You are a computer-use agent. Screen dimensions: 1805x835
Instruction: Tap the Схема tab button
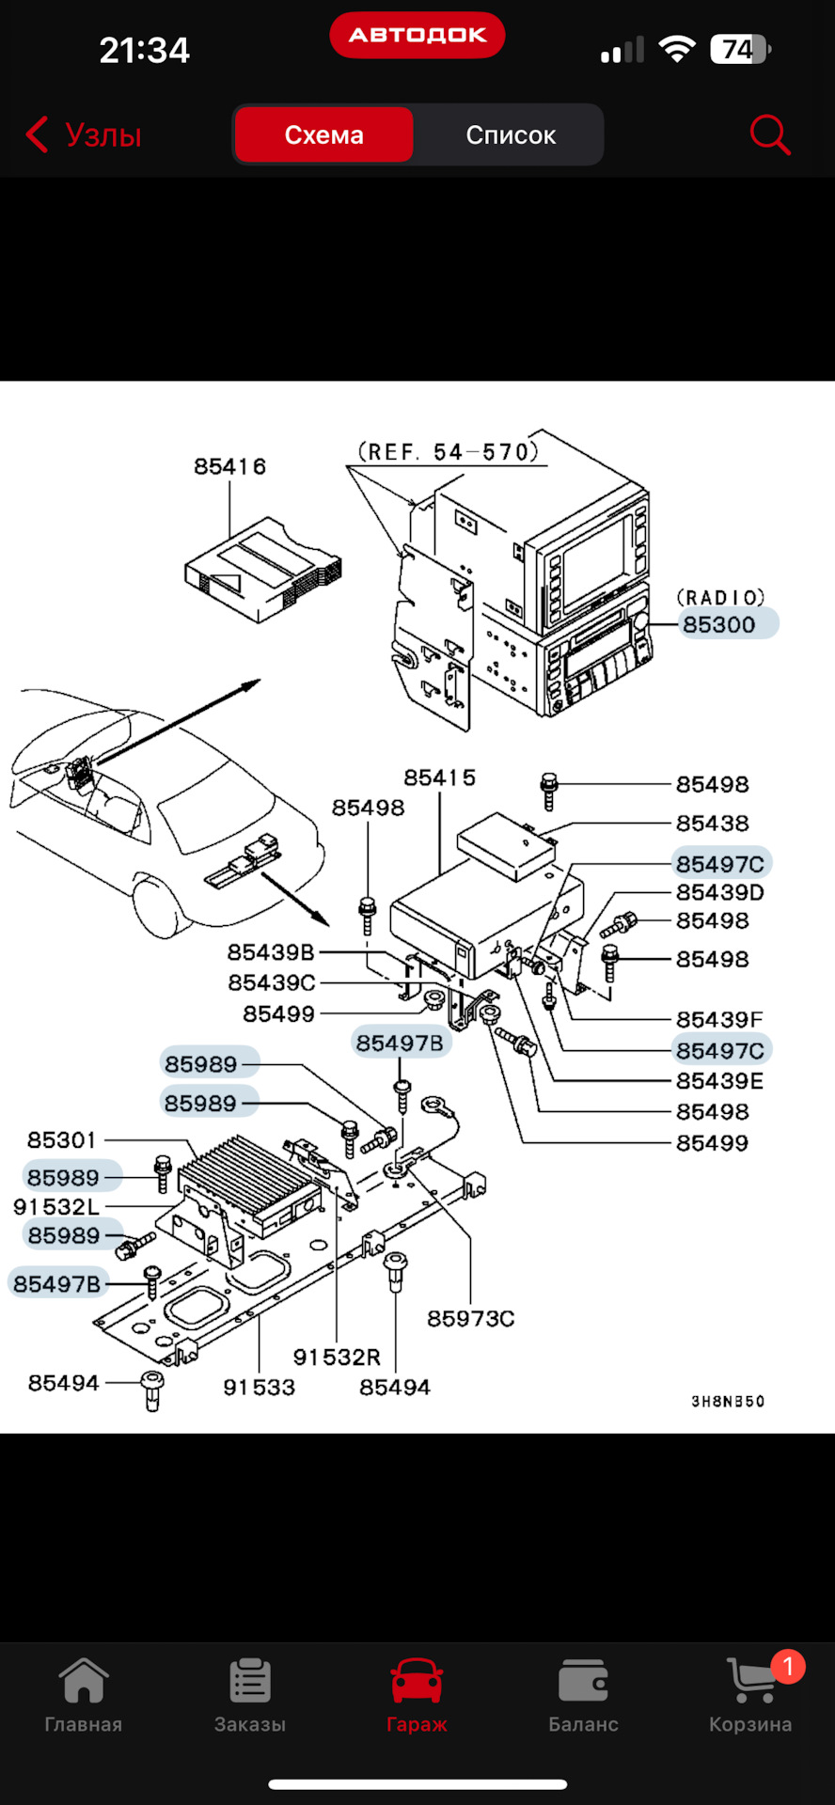tap(323, 134)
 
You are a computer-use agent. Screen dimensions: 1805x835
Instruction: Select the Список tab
tap(511, 134)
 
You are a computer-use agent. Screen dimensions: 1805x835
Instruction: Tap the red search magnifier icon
tap(769, 134)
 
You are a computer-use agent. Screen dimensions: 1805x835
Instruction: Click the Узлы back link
tap(85, 134)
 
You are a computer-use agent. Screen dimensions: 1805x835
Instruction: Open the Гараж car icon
tap(417, 1681)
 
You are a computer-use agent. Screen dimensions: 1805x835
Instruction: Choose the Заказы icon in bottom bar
tap(250, 1681)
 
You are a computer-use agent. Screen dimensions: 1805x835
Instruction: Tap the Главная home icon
tap(84, 1681)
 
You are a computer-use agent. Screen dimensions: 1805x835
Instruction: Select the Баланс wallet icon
tap(583, 1681)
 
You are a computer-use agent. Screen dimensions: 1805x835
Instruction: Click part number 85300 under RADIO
tap(720, 624)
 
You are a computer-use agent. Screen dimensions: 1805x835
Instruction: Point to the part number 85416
tap(229, 466)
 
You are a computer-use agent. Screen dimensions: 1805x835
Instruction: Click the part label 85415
tap(439, 777)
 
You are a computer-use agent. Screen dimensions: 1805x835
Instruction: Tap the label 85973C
tap(470, 1318)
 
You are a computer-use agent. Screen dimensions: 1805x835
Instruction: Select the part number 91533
tap(259, 1387)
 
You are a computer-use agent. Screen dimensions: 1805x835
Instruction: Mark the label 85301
tap(62, 1139)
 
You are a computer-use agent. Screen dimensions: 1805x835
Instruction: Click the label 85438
tap(713, 823)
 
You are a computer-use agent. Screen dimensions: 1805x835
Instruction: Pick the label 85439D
tap(719, 891)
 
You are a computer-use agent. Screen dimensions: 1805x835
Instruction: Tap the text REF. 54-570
tap(449, 452)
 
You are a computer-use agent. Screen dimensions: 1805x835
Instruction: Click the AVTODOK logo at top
tap(417, 35)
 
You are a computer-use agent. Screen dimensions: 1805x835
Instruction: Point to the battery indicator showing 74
tap(740, 49)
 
